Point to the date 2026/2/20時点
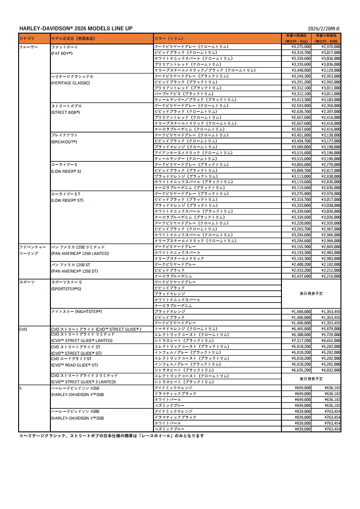(x=326, y=28)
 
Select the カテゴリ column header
(x=27, y=39)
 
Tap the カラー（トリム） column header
(x=169, y=39)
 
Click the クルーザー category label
(x=29, y=47)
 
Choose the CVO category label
(x=24, y=329)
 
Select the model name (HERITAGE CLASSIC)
(x=70, y=83)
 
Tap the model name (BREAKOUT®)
(x=64, y=142)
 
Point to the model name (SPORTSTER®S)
(x=66, y=289)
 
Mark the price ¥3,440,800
(x=301, y=70)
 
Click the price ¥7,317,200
(x=301, y=340)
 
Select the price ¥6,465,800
(x=301, y=329)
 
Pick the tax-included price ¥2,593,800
(x=301, y=106)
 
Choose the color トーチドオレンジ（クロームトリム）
(x=186, y=329)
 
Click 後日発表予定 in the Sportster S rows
(x=311, y=294)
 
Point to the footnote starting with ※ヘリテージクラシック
(x=111, y=436)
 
